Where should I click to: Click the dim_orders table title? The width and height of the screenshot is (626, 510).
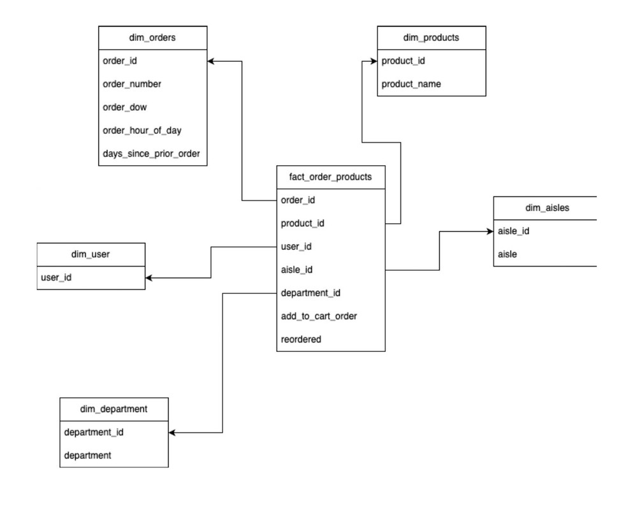click(x=152, y=38)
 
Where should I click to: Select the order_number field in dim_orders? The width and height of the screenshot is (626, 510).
click(x=132, y=84)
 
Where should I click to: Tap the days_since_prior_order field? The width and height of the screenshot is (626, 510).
click(x=152, y=154)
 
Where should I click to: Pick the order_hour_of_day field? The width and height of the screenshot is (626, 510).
click(x=142, y=131)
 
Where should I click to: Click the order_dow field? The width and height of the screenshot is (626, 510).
click(x=125, y=107)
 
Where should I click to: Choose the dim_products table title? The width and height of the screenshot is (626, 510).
click(x=431, y=38)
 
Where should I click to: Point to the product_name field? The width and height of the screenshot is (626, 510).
click(x=411, y=84)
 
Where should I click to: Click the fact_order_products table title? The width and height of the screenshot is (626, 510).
click(x=330, y=177)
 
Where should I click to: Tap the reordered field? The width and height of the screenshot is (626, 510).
click(x=301, y=339)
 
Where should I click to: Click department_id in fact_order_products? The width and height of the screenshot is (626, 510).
click(x=310, y=293)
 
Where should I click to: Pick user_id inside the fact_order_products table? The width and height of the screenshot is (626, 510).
click(x=296, y=247)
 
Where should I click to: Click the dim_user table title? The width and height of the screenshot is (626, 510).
click(x=91, y=254)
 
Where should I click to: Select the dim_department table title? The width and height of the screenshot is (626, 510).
click(x=114, y=409)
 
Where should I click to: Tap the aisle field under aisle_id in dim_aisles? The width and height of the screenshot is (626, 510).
click(x=507, y=254)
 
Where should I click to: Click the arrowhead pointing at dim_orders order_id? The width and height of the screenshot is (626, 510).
click(x=212, y=61)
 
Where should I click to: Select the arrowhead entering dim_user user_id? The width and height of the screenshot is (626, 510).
click(x=149, y=278)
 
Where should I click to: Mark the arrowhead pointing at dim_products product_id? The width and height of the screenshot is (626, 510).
click(x=373, y=61)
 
